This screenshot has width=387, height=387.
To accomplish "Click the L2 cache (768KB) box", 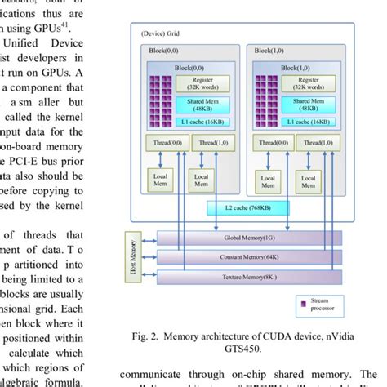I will (x=242, y=207).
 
